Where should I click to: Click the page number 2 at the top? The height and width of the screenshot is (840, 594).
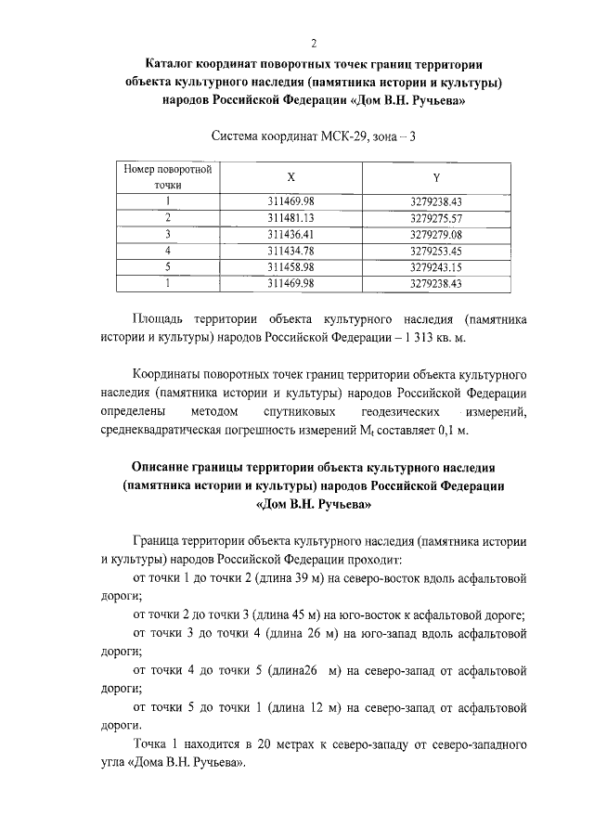pyautogui.click(x=315, y=44)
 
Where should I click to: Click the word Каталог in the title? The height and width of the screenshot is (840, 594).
pyautogui.click(x=175, y=64)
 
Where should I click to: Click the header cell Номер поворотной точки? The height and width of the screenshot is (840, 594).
pyautogui.click(x=168, y=176)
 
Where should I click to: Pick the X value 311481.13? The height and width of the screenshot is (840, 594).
pyautogui.click(x=291, y=217)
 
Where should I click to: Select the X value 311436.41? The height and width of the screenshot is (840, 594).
pyautogui.click(x=291, y=234)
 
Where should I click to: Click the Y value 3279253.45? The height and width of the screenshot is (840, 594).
pyautogui.click(x=435, y=251)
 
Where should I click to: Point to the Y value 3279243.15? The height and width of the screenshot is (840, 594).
pyautogui.click(x=435, y=267)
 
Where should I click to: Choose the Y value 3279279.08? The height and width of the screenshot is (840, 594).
pyautogui.click(x=435, y=234)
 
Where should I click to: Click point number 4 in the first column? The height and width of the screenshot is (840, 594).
pyautogui.click(x=168, y=251)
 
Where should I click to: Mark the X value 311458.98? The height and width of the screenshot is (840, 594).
pyautogui.click(x=291, y=267)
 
